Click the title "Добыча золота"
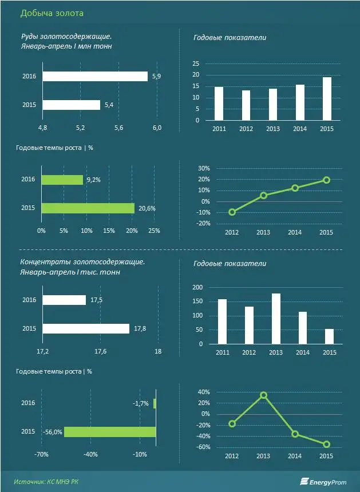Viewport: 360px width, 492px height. (x=51, y=13)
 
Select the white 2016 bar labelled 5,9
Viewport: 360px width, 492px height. (x=94, y=76)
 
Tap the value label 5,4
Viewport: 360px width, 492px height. (x=109, y=105)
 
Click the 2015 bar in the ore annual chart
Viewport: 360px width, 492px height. (x=326, y=98)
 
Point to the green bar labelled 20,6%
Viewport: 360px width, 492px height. (x=88, y=208)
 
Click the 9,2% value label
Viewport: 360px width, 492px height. (x=93, y=180)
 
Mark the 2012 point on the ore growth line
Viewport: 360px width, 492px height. (x=232, y=212)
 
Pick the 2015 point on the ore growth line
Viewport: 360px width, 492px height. (x=326, y=180)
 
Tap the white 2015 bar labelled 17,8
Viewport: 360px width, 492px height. (x=85, y=328)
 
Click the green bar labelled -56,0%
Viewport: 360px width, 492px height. (x=110, y=432)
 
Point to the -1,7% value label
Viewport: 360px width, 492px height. (x=141, y=403)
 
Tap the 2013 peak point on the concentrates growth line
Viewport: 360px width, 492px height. (x=263, y=395)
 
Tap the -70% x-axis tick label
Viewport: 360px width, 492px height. (x=41, y=455)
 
